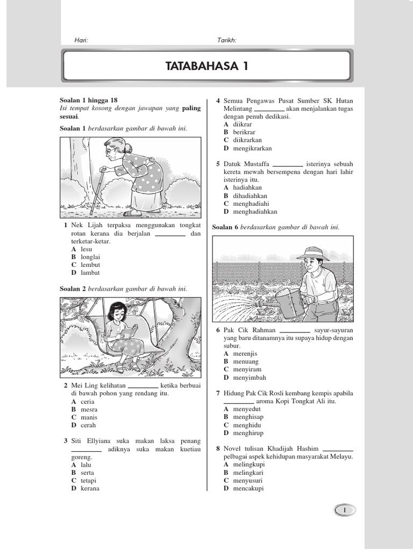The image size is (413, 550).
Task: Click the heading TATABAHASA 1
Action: [x=207, y=66]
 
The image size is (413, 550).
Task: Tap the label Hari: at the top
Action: [x=80, y=40]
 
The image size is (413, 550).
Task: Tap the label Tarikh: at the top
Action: [x=226, y=40]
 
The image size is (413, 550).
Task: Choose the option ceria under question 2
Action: [x=87, y=401]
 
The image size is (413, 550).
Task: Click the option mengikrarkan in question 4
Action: [x=252, y=148]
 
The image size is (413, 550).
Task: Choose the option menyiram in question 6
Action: [x=246, y=370]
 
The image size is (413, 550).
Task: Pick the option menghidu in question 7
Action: [x=247, y=425]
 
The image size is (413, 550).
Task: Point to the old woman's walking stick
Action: [x=98, y=191]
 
